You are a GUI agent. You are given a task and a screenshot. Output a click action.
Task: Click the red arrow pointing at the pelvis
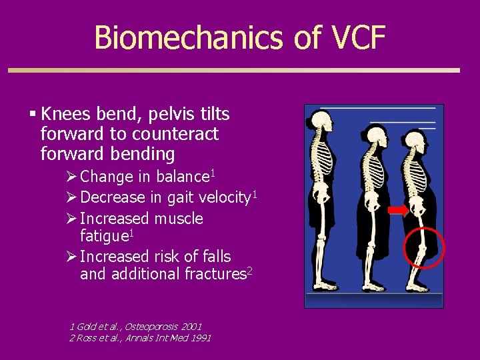(399, 211)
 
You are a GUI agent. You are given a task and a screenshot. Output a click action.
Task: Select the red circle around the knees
(425, 247)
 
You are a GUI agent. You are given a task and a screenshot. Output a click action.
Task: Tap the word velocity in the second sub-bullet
(223, 197)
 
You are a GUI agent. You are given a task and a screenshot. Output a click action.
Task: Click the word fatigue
(104, 236)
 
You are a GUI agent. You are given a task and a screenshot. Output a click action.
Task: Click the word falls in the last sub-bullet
(215, 257)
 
